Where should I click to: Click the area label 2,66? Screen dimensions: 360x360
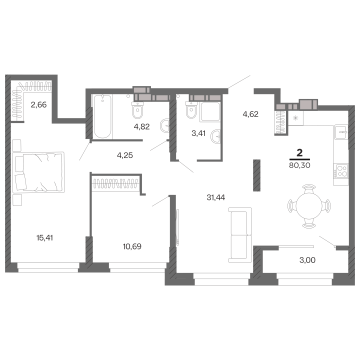(x=38, y=105)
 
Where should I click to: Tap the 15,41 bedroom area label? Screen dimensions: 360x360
(x=44, y=238)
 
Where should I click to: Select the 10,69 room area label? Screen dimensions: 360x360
(x=132, y=246)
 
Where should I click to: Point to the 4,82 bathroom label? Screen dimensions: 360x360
(x=141, y=126)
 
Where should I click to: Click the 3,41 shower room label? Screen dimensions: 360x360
(x=198, y=133)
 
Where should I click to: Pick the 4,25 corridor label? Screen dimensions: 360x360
(x=125, y=155)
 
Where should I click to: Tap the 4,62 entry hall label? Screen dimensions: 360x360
(x=250, y=114)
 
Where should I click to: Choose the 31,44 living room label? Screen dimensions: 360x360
(x=216, y=197)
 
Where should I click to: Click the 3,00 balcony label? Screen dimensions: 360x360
(x=307, y=260)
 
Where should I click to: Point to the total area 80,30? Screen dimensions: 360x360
(x=299, y=165)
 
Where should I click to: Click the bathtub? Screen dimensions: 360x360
(x=102, y=116)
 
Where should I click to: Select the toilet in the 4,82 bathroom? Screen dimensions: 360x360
(x=137, y=110)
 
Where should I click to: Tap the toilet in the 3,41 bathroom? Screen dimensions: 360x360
(x=191, y=110)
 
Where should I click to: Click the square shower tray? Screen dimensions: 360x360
(x=210, y=112)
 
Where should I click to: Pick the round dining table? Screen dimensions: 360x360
(x=309, y=206)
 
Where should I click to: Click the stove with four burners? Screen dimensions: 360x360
(x=341, y=171)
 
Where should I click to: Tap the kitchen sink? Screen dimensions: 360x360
(x=341, y=132)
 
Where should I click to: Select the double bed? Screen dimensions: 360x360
(x=38, y=172)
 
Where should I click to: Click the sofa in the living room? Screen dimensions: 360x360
(x=240, y=235)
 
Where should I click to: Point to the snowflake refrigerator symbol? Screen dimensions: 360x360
(x=295, y=118)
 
